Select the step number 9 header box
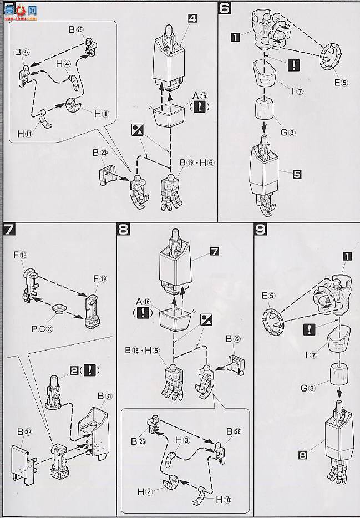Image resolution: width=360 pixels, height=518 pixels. tap(260, 228)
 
